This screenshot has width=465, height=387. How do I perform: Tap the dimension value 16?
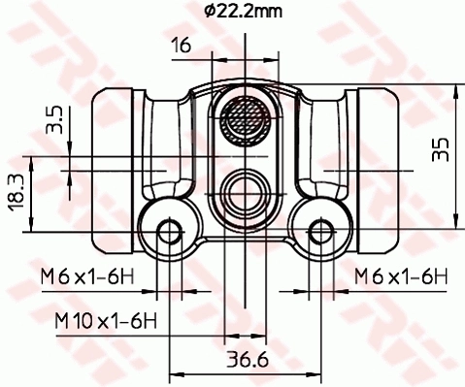pos(181,46)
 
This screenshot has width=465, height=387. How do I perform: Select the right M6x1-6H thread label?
pos(400,278)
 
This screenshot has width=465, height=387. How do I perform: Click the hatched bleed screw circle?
pos(243,121)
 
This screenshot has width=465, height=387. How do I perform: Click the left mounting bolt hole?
pos(169,231)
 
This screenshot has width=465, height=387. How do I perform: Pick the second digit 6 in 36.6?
pos(262,361)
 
